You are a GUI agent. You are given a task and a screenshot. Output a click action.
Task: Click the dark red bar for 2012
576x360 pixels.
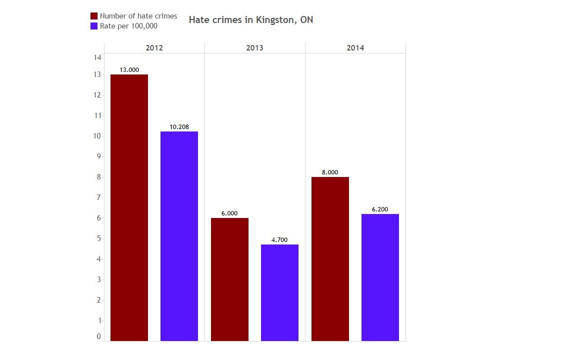tap(129, 207)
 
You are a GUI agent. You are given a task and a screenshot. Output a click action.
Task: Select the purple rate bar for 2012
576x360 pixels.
tap(179, 236)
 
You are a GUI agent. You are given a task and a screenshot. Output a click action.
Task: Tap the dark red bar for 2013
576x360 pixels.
tap(229, 279)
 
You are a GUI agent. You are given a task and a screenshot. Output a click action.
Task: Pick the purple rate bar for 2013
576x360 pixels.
tap(279, 292)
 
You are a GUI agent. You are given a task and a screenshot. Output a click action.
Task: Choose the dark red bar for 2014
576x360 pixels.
tap(330, 258)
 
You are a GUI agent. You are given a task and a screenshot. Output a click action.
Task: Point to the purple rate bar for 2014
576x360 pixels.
tap(380, 277)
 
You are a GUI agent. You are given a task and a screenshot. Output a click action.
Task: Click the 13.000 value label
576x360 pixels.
tap(129, 70)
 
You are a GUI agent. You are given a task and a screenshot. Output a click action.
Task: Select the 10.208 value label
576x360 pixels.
tap(179, 127)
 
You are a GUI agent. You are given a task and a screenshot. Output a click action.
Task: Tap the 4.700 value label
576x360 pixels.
tap(279, 240)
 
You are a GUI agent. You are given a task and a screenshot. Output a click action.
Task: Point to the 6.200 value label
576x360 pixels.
tap(380, 209)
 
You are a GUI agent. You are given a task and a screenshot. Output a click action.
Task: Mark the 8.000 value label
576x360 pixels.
tap(330, 172)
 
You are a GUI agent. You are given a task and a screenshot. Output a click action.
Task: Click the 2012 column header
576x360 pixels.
tap(154, 48)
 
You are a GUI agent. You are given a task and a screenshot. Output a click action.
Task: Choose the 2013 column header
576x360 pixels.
tap(254, 48)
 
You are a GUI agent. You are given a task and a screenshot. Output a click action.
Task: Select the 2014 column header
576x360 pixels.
tap(355, 48)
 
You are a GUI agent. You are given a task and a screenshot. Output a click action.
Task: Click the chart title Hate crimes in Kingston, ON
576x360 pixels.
tap(251, 20)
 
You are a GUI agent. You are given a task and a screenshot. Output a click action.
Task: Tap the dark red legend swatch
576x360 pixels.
tap(93, 16)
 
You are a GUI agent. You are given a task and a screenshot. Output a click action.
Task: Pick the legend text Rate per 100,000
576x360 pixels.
tap(128, 26)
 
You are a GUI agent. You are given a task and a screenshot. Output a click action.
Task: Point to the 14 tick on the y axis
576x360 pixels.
tap(97, 57)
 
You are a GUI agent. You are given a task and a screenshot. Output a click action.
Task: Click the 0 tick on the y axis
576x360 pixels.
tap(98, 336)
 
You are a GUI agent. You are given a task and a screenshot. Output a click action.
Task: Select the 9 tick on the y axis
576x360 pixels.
tap(98, 156)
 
